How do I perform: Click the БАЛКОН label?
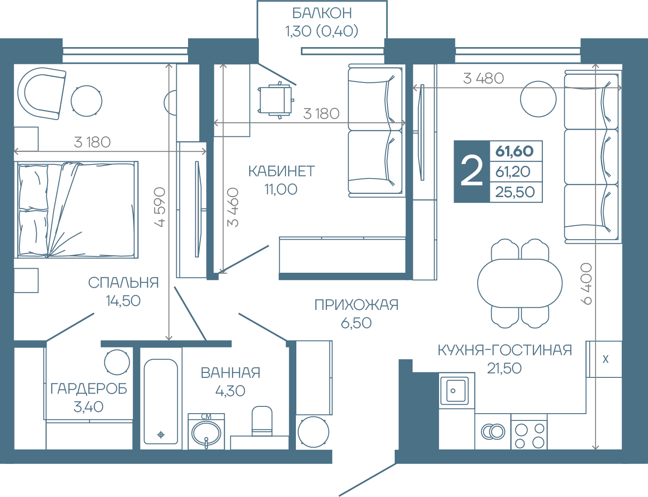click(322, 13)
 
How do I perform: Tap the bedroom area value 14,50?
click(123, 301)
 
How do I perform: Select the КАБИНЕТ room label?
click(281, 171)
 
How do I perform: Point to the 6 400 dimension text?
click(586, 284)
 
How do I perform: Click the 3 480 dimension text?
click(484, 78)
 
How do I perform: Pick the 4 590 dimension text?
click(160, 207)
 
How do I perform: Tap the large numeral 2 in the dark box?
click(471, 172)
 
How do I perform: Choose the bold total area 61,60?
click(514, 151)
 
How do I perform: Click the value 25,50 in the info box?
click(515, 192)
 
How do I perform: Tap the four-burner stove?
click(529, 436)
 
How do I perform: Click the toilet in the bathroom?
click(262, 421)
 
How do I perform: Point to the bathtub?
click(161, 401)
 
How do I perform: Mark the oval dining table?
click(520, 283)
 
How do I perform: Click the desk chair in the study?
click(276, 100)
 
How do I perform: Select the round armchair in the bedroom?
click(41, 93)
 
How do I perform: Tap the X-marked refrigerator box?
click(605, 359)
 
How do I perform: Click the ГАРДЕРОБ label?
click(88, 389)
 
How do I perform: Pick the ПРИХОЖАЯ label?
click(356, 305)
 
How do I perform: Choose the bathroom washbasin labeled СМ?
click(206, 432)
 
